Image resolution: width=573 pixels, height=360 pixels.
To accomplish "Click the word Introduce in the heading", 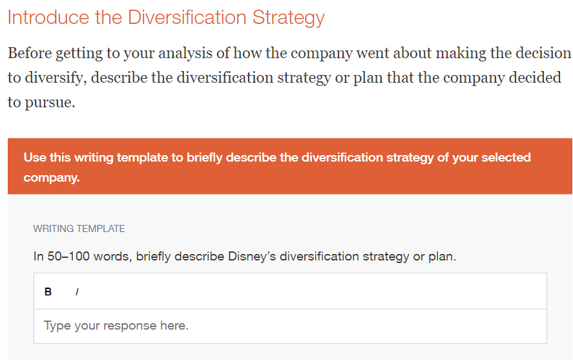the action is point(48,17).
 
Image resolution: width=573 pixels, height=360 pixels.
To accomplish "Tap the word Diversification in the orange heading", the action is point(187,17).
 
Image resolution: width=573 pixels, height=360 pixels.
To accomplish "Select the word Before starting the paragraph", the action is point(30,53).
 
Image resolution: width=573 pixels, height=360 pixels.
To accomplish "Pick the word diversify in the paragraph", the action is point(56,78).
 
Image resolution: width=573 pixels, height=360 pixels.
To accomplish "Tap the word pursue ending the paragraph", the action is point(50,103).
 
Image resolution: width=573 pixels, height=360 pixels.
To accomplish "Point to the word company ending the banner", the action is point(52,178).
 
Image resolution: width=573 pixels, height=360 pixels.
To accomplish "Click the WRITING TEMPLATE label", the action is point(79,229).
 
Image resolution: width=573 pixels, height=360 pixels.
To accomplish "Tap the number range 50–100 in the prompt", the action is point(68,256).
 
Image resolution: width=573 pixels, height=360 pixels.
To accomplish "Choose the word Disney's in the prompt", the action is point(252,256).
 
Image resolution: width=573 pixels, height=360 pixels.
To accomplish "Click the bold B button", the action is point(48,291).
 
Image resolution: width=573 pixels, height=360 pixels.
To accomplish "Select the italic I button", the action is point(77,291).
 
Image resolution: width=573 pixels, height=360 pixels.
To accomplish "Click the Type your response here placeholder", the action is point(116,326).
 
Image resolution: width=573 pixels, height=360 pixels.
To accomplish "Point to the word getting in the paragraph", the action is point(79,54).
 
